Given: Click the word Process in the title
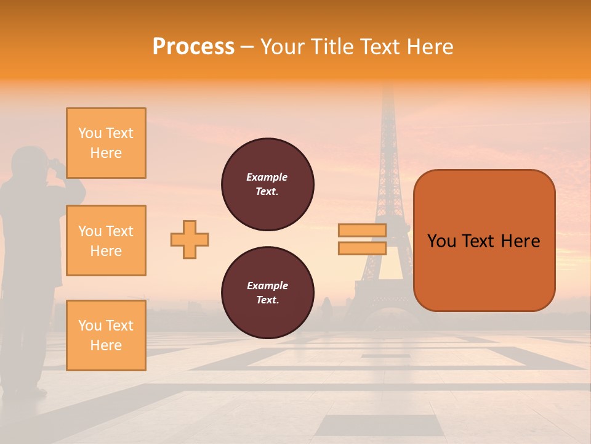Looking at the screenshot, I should coord(193,47).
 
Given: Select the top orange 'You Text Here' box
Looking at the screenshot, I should coord(106,143).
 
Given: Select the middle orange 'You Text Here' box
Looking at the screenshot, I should coord(106,240).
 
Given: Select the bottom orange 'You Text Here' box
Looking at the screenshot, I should coord(106,335).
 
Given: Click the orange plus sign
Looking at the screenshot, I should coord(190,239).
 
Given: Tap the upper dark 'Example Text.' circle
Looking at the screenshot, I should coord(268,184).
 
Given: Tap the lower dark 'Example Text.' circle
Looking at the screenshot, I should coord(268,293).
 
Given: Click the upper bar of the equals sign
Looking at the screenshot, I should coord(362,231).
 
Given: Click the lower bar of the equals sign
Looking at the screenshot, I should coord(362,248).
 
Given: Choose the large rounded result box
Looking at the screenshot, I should coord(484,240).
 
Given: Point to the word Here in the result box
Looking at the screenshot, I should coord(520,241).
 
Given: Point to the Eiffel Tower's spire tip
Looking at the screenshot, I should coord(387,86).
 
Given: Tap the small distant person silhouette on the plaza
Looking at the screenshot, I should coord(326,308).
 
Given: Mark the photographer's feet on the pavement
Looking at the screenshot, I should coord(25,390).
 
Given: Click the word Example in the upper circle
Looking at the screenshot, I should coord(267,177).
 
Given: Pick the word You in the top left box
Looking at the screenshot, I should coord(89,133).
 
